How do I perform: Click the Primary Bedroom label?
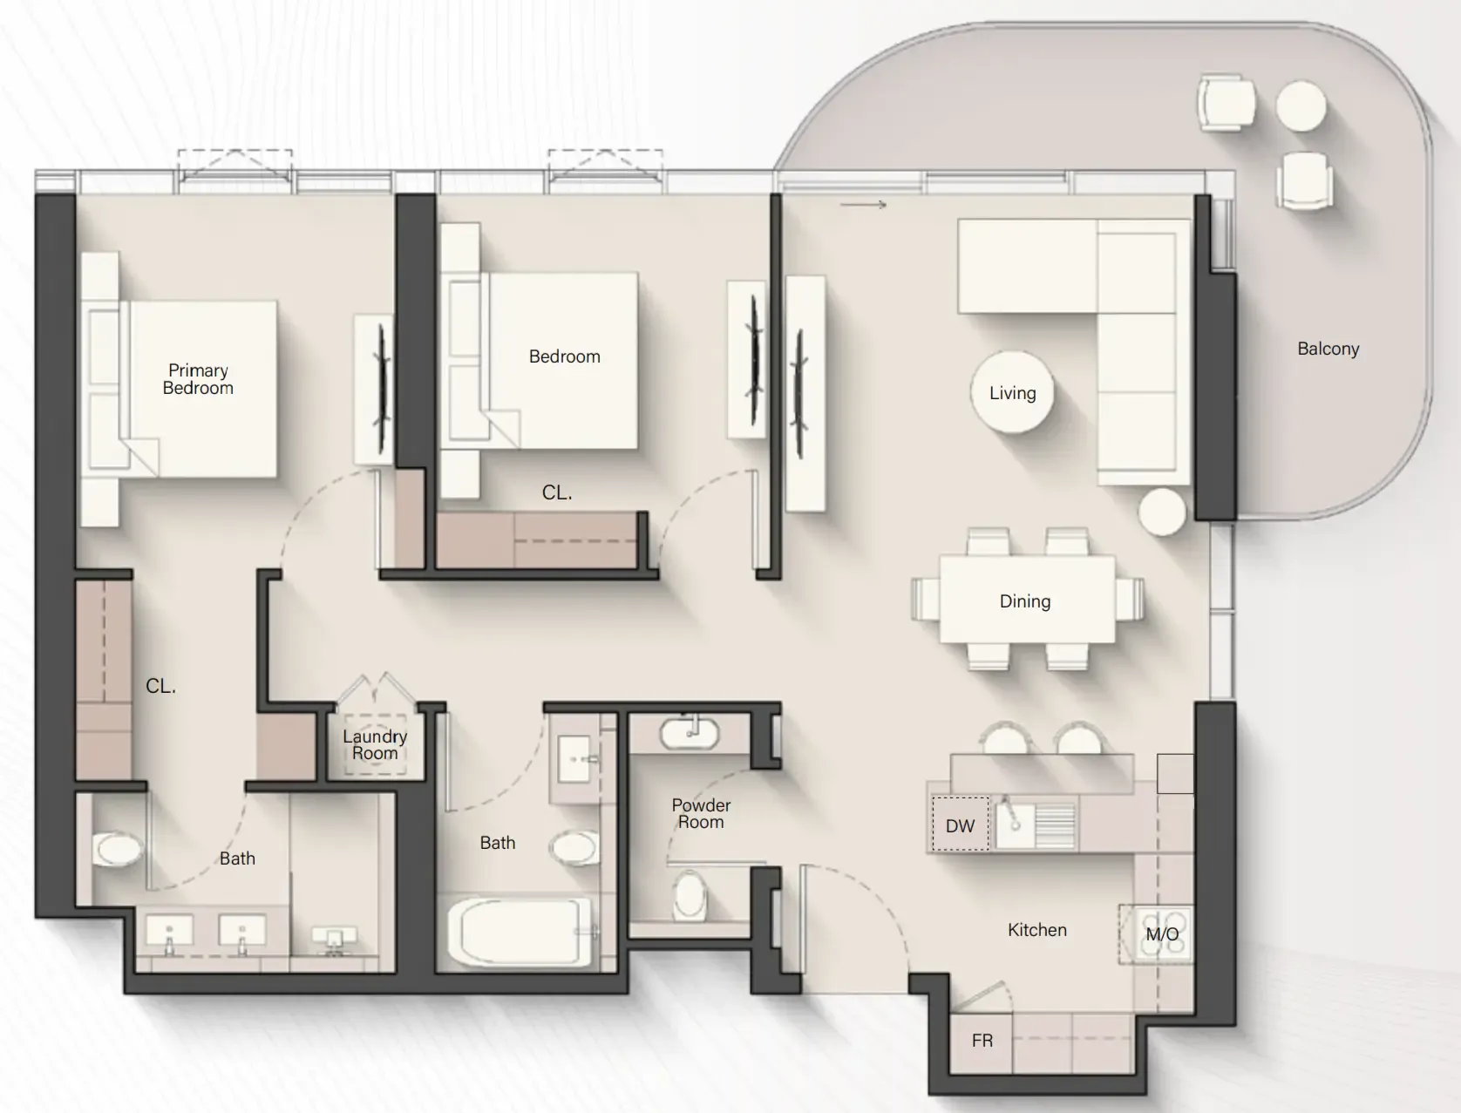198,379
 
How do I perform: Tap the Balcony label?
1328,349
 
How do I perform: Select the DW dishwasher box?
960,824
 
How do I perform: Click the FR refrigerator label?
982,1041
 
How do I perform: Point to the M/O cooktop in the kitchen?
1157,934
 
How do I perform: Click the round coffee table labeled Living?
1012,392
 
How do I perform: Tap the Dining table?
1027,600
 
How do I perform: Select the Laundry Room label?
375,745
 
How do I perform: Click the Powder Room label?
701,814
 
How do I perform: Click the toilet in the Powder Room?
690,894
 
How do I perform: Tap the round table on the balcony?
1301,105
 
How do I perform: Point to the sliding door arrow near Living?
863,205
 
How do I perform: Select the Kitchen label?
1037,929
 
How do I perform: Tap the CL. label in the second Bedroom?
557,493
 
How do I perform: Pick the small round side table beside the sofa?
1162,512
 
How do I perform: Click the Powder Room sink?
690,734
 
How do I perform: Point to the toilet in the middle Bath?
574,847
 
